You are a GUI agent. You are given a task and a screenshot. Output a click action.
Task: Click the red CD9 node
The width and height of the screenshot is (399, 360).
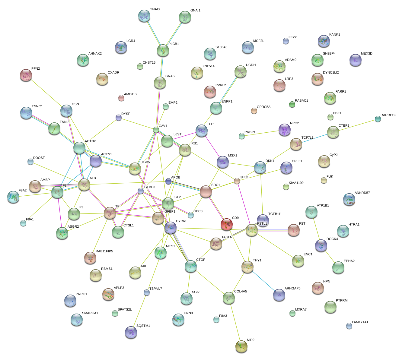click(226, 224)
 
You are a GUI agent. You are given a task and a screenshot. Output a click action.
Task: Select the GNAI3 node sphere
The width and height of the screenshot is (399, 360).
click(144, 16)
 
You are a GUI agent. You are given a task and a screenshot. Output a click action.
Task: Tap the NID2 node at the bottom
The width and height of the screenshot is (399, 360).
click(241, 346)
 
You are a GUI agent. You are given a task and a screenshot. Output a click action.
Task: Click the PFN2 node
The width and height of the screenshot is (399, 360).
click(26, 75)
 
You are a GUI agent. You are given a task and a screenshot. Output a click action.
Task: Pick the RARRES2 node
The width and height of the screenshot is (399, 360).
click(378, 119)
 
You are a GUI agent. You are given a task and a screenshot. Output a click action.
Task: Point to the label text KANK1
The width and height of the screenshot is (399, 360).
click(334, 34)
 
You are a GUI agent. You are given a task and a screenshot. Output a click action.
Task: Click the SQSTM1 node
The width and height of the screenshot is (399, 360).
click(131, 332)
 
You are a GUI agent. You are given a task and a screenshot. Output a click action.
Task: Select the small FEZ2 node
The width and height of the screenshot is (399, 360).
click(286, 41)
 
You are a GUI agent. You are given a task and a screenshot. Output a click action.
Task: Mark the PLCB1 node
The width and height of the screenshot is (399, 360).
click(163, 50)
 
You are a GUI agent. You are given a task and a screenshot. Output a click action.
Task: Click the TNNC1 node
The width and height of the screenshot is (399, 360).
click(26, 113)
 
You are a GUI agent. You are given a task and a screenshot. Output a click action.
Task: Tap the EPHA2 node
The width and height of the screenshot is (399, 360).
click(338, 267)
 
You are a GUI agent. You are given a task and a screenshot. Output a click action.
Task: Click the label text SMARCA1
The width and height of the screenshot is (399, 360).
click(90, 313)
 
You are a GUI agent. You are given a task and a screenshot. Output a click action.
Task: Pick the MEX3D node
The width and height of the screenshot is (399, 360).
click(355, 60)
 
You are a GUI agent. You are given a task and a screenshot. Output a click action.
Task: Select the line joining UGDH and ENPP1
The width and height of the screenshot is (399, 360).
click(228, 90)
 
